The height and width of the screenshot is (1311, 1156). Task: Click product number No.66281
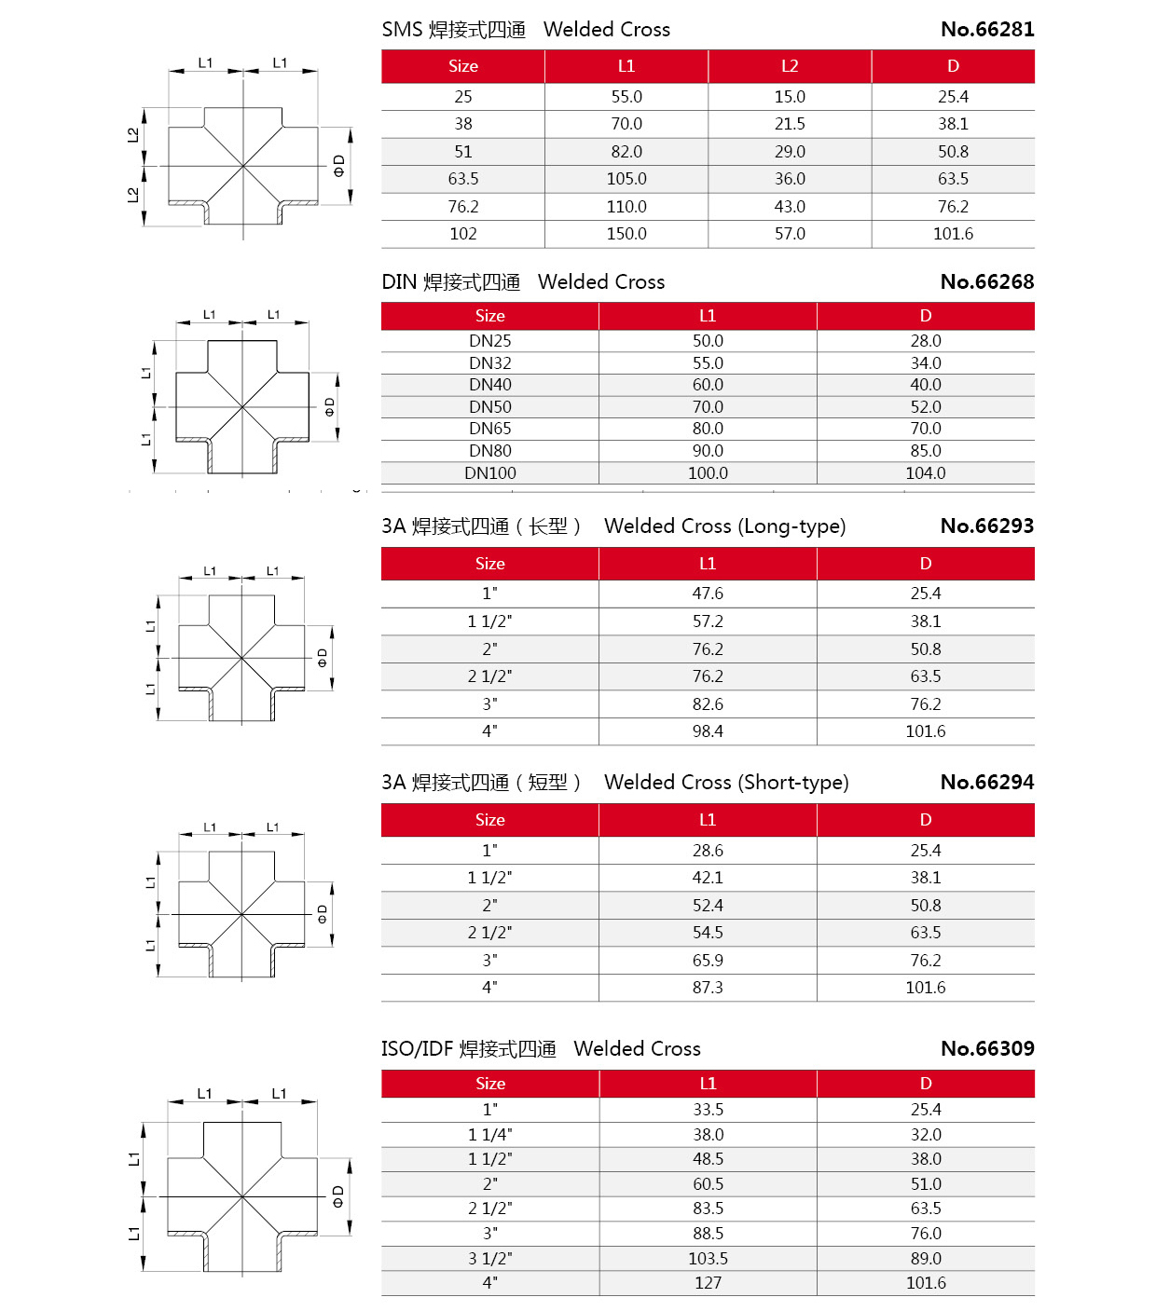click(x=987, y=29)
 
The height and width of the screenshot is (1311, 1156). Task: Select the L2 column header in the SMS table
click(x=790, y=66)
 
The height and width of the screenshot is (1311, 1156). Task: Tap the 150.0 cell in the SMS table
click(x=626, y=234)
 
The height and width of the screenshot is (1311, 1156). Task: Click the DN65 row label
click(x=489, y=429)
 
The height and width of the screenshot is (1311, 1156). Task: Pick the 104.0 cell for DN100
click(x=925, y=473)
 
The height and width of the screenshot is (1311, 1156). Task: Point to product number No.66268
click(x=987, y=281)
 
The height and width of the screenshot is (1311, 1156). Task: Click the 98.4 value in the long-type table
click(x=708, y=731)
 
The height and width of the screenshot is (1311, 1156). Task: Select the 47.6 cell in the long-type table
click(x=708, y=594)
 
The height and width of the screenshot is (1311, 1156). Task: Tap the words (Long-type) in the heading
click(x=791, y=526)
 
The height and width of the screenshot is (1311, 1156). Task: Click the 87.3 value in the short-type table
click(x=708, y=988)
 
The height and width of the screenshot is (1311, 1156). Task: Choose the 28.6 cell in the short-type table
click(x=708, y=851)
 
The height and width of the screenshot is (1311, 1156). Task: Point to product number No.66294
click(x=987, y=782)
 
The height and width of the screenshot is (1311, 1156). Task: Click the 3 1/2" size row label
click(x=489, y=1259)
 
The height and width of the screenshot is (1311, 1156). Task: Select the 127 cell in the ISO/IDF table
click(x=708, y=1283)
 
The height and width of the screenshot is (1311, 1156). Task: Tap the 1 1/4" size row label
click(x=489, y=1135)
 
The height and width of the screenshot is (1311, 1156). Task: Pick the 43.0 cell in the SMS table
click(x=790, y=207)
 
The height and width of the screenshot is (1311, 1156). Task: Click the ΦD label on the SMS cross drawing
click(x=339, y=166)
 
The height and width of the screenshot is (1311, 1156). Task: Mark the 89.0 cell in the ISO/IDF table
click(x=925, y=1259)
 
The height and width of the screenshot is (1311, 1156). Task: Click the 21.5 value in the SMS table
click(x=790, y=124)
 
